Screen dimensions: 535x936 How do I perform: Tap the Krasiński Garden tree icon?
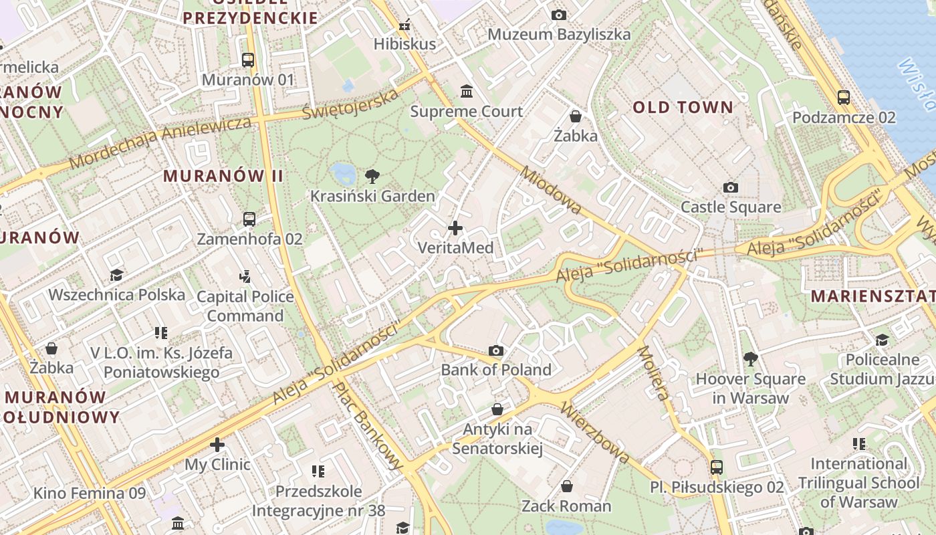[372, 177]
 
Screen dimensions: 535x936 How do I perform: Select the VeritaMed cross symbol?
[455, 229]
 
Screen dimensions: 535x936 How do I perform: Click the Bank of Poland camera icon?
[495, 350]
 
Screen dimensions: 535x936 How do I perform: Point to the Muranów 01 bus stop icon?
[248, 60]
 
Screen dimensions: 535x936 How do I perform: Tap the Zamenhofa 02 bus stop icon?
[249, 219]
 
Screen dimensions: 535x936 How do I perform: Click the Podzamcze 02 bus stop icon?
[844, 98]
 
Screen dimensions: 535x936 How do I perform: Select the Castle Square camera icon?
[731, 188]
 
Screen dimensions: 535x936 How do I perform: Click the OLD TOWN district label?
[683, 107]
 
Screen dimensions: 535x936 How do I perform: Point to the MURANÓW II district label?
[223, 176]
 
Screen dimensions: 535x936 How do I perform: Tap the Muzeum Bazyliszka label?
[559, 34]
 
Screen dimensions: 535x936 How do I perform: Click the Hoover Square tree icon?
[751, 359]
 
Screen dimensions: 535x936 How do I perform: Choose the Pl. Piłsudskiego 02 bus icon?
[717, 467]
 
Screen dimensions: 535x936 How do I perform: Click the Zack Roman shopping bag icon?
[567, 486]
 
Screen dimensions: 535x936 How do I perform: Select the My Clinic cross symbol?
[217, 445]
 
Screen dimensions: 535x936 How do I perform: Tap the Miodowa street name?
[551, 190]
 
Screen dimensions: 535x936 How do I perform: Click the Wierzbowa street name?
[595, 432]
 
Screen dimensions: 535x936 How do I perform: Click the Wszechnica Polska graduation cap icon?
[117, 275]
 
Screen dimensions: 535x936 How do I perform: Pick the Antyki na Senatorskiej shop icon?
[497, 409]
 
